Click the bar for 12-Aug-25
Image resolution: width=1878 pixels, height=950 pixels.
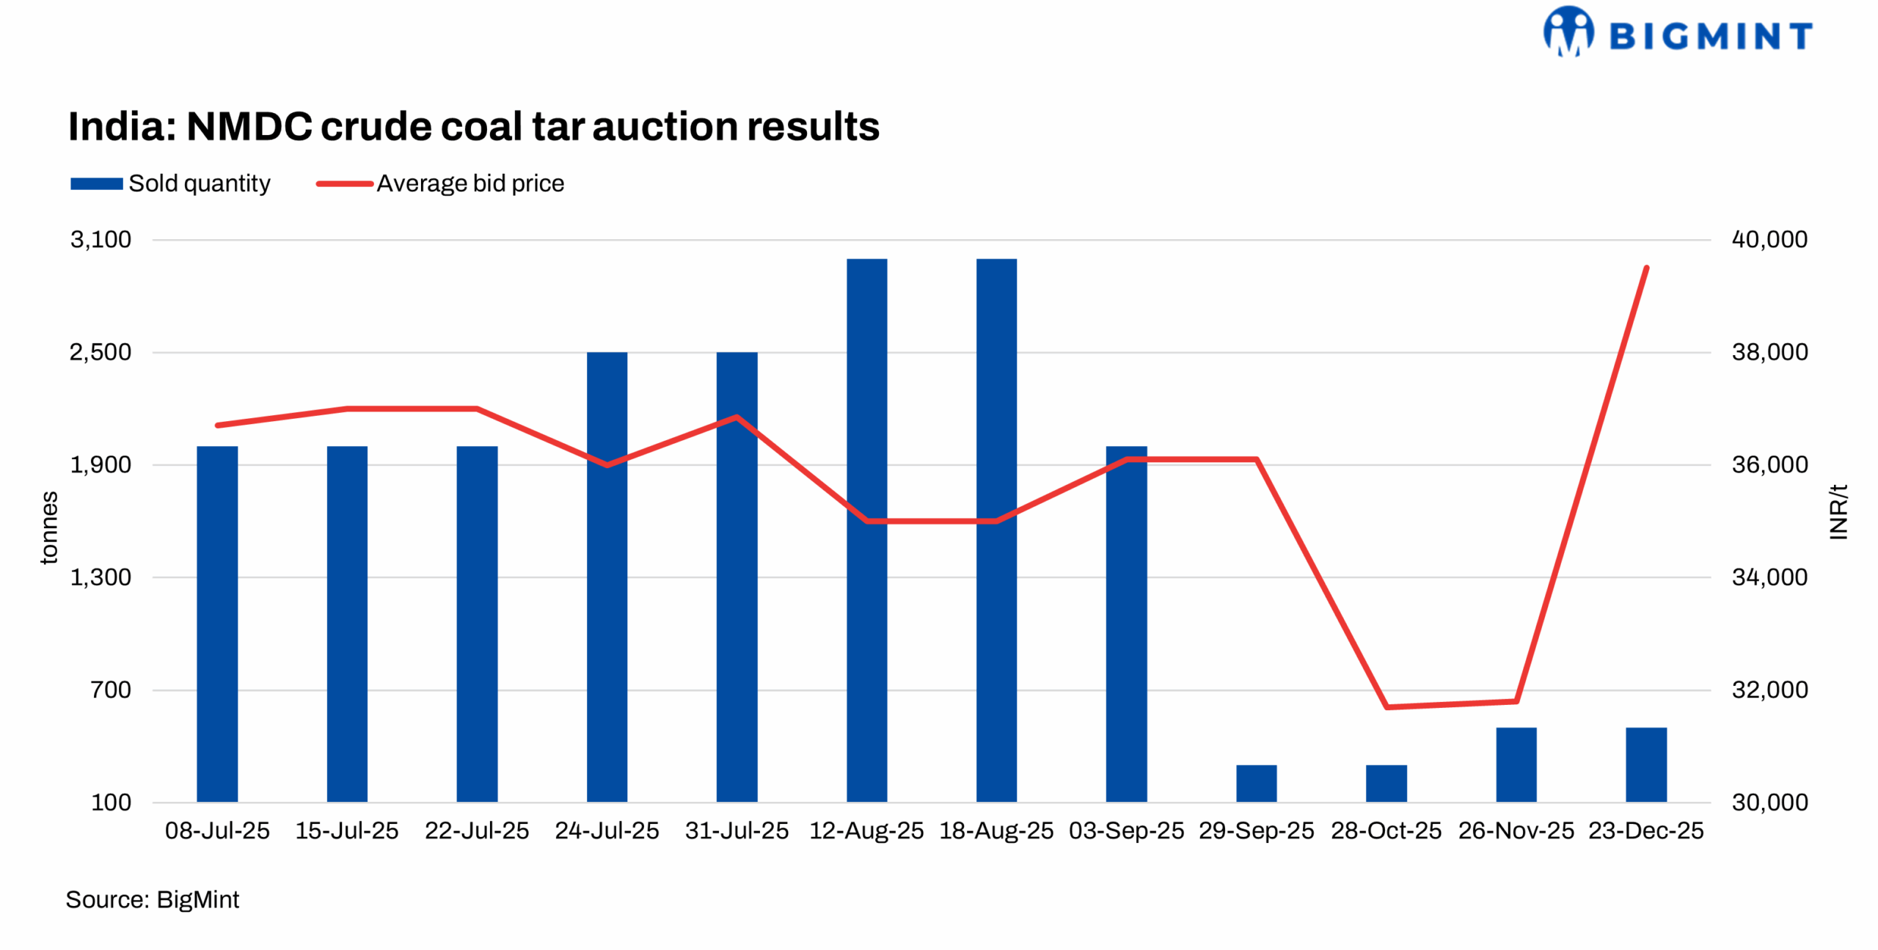pos(866,528)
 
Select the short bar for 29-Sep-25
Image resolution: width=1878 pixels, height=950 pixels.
pos(1256,783)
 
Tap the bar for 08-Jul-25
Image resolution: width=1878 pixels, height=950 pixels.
pos(217,624)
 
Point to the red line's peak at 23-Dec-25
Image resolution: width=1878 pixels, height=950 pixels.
pos(1647,268)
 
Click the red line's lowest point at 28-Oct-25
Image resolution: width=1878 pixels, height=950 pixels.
pos(1386,706)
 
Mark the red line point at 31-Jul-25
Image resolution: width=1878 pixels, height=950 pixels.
pos(737,417)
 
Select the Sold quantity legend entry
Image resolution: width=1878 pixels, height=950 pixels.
pos(170,183)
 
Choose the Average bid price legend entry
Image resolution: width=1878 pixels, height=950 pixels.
pos(440,183)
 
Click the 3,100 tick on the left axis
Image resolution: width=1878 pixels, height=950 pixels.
pos(101,239)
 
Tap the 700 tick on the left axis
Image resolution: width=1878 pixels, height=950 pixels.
pos(111,690)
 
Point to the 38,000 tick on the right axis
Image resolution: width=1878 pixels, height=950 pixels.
pos(1769,352)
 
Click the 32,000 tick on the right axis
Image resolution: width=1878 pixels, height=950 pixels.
pos(1769,690)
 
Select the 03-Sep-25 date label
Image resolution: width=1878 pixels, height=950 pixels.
pos(1126,830)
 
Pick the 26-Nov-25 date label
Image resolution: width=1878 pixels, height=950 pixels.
pos(1516,830)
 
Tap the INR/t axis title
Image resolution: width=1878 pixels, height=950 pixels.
pos(1838,511)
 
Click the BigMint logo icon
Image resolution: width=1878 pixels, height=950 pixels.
pos(1568,32)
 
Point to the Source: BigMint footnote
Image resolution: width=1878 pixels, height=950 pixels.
pos(152,899)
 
